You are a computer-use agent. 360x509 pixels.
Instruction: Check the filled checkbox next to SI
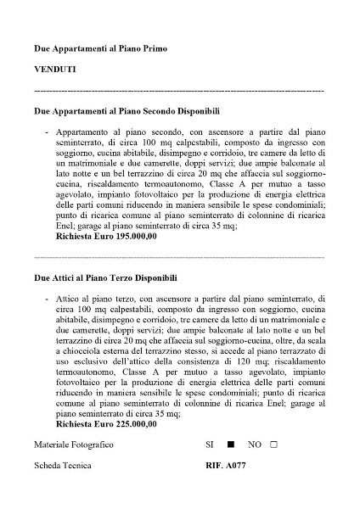(229, 445)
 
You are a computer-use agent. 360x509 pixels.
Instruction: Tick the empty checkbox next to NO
(273, 445)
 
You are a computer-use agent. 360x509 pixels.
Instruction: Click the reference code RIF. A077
(225, 467)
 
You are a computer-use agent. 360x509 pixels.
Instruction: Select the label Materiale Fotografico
(74, 445)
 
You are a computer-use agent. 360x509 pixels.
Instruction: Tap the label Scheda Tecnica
(62, 467)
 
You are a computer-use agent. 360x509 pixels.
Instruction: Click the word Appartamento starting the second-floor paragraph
(88, 133)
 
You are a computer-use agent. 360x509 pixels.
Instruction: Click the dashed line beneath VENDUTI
(179, 89)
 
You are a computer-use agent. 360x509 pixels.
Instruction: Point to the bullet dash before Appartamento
(44, 133)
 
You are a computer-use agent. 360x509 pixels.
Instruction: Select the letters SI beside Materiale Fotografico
(210, 445)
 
